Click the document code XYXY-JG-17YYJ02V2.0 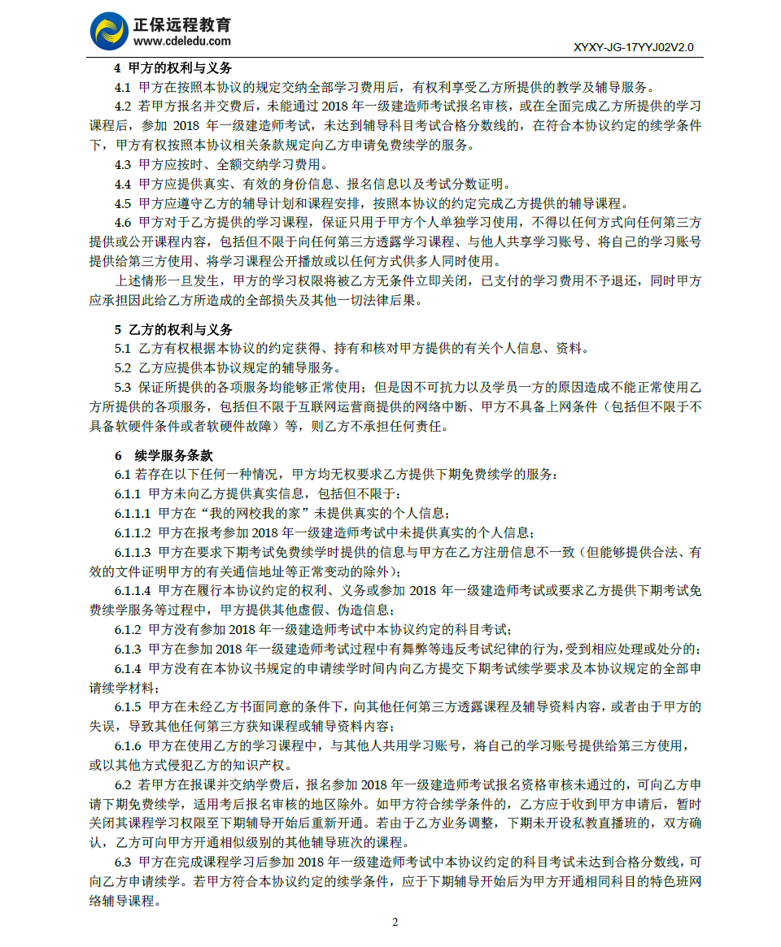[x=634, y=48]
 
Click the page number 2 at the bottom [x=395, y=922]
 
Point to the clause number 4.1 [x=123, y=88]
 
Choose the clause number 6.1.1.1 [x=133, y=514]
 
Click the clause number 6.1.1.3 [x=133, y=553]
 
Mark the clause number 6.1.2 [x=128, y=630]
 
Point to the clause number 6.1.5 [x=128, y=707]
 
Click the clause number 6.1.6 [x=128, y=746]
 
